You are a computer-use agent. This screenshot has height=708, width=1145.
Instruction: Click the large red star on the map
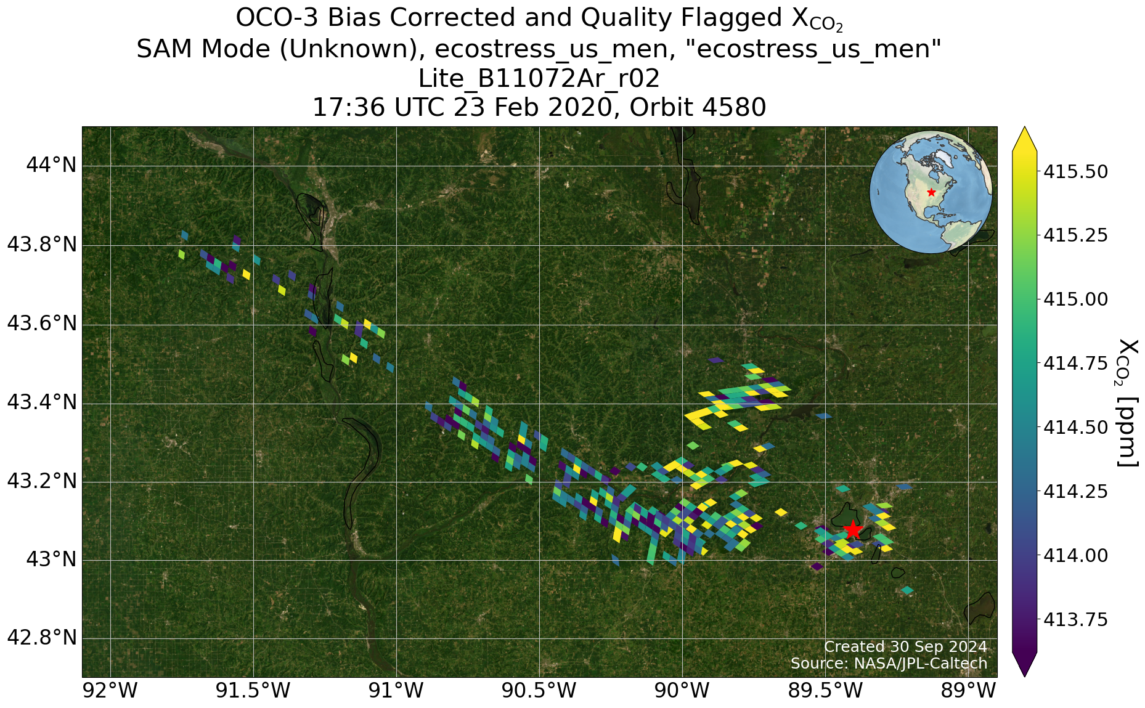coord(852,530)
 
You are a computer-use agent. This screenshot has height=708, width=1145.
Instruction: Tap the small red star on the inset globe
coord(931,192)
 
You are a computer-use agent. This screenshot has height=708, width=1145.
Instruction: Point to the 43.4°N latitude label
coord(41,403)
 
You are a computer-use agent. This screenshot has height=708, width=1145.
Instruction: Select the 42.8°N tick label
coord(41,638)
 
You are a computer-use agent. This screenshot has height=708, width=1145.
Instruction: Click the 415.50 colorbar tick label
coord(1075,171)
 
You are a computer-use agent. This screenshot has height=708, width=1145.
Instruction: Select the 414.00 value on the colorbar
coord(1075,555)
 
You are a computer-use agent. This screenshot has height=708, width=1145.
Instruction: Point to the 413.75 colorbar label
coord(1075,619)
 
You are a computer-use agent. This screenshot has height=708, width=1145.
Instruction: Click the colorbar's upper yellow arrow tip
coord(1024,128)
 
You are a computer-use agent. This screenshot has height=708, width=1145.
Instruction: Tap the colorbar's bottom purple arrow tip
coord(1024,676)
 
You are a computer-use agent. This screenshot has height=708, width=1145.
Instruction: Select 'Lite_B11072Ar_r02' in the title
coord(539,78)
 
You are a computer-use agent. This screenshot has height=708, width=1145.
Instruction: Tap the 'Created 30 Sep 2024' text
coord(905,646)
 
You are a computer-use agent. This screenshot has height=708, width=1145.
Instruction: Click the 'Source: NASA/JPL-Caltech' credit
coord(889,663)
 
